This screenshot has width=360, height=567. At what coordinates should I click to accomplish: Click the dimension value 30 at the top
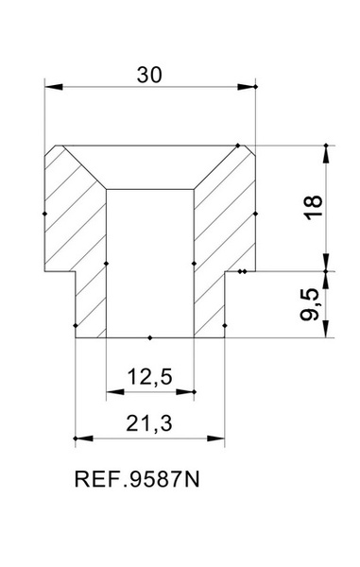click(149, 76)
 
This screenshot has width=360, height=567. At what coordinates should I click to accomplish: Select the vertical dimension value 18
click(313, 207)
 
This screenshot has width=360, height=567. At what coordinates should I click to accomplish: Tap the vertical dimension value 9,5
click(310, 304)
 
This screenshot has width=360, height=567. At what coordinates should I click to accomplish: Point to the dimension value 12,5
click(149, 377)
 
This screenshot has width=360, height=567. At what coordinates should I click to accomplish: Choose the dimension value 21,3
click(149, 423)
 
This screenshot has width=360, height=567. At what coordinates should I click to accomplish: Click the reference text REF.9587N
click(137, 479)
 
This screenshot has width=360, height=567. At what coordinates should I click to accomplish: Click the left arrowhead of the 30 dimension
click(54, 87)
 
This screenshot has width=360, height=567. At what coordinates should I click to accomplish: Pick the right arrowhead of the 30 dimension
click(247, 87)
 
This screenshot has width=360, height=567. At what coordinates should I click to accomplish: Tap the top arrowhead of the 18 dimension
click(326, 154)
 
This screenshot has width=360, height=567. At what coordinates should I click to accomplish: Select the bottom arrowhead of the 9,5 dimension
click(326, 328)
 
